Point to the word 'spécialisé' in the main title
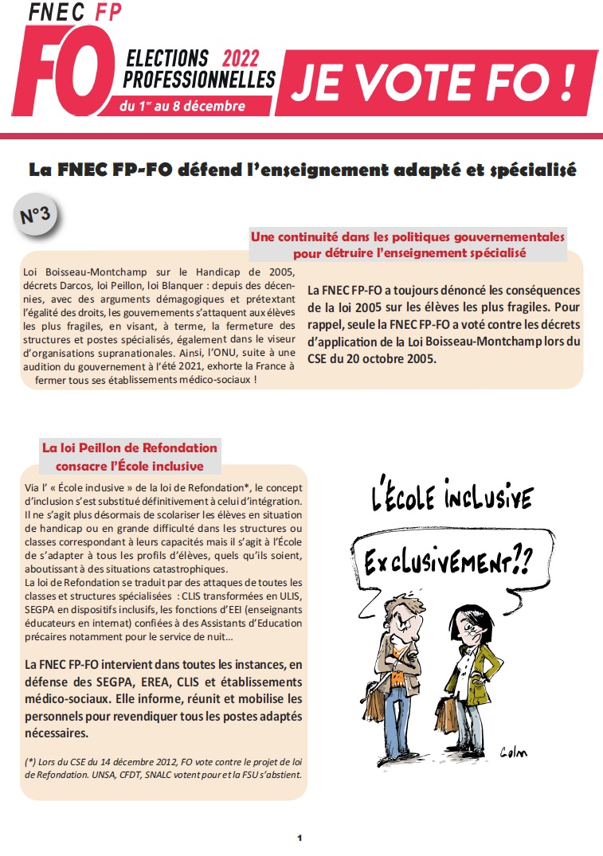tap(537, 170)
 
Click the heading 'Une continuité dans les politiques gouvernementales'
tap(408, 237)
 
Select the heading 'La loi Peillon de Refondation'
tap(129, 448)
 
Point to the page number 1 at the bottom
tap(300, 838)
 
